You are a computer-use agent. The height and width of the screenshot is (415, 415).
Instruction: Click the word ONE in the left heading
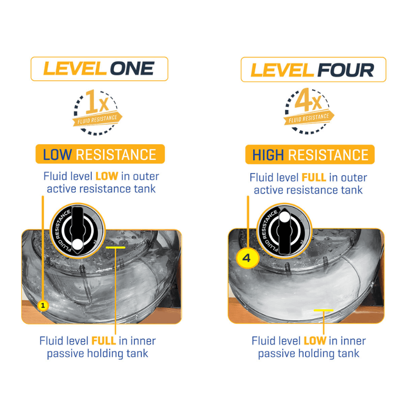click(x=132, y=68)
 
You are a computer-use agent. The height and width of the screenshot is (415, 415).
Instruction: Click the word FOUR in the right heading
click(x=345, y=70)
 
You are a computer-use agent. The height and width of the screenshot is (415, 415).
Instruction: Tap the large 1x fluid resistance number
click(x=97, y=102)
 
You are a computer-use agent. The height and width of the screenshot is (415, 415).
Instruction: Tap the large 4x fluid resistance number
click(x=308, y=100)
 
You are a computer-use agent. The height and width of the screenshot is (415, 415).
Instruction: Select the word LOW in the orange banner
click(x=57, y=155)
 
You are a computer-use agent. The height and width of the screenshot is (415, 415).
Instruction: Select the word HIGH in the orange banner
click(x=268, y=155)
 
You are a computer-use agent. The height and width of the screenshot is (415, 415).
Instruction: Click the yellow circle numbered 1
click(x=43, y=306)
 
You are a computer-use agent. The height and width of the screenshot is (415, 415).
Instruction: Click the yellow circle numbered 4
click(x=247, y=258)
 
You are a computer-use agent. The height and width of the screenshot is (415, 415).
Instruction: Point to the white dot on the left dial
click(x=77, y=244)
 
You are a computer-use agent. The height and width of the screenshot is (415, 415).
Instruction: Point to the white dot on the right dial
click(x=284, y=217)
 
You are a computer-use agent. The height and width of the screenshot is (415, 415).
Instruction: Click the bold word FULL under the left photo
click(x=103, y=341)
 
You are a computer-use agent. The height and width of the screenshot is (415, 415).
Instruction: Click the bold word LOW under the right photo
click(x=315, y=341)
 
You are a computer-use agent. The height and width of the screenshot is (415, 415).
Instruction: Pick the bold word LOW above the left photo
click(x=106, y=176)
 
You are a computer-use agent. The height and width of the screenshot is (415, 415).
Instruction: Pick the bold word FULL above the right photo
click(x=314, y=177)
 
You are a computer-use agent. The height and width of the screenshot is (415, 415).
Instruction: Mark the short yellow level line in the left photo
click(x=115, y=247)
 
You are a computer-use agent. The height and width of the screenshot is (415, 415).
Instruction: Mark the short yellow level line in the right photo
click(x=323, y=310)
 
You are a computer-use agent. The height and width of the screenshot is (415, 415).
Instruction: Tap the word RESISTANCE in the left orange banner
click(x=116, y=155)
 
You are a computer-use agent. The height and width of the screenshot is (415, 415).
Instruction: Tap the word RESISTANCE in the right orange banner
click(x=328, y=155)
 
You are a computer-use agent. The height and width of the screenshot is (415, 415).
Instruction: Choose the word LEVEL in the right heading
click(x=282, y=70)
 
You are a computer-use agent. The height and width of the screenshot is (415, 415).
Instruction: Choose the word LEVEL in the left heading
click(x=75, y=68)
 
